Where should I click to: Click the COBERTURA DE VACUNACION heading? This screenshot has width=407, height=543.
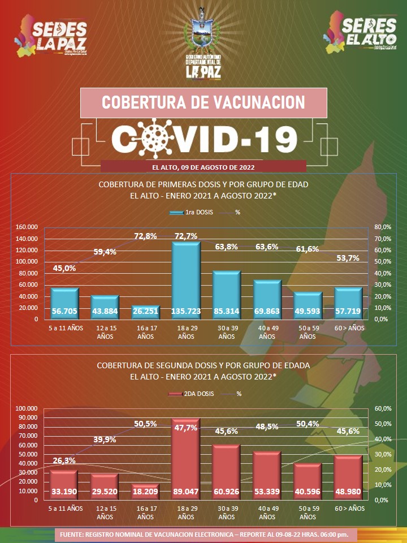tap(203, 102)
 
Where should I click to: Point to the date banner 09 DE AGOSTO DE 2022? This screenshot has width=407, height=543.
tap(203, 167)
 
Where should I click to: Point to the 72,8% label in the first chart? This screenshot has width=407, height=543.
tap(145, 236)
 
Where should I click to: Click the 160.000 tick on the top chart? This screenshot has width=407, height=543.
tap(27, 227)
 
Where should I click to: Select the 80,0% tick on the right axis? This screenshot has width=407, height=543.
tap(382, 227)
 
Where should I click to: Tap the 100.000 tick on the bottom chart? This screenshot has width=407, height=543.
tap(27, 408)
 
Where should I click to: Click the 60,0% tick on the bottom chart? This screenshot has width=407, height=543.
tap(382, 408)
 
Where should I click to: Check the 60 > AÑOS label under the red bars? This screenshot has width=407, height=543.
tap(348, 508)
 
